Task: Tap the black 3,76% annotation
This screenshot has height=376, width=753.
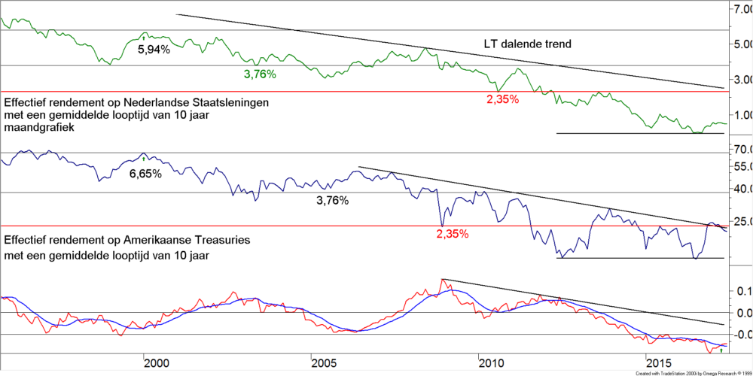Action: [x=332, y=201]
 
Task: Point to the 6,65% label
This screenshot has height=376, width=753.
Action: [x=145, y=174]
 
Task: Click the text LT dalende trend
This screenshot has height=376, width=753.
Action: [x=527, y=44]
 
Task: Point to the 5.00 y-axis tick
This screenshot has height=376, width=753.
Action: [x=741, y=44]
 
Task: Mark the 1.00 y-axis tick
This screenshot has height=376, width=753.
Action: [x=741, y=115]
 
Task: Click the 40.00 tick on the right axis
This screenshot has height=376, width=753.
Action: [x=741, y=189]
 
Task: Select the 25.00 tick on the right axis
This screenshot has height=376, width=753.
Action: [x=741, y=221]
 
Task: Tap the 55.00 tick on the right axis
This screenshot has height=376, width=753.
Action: [x=741, y=165]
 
